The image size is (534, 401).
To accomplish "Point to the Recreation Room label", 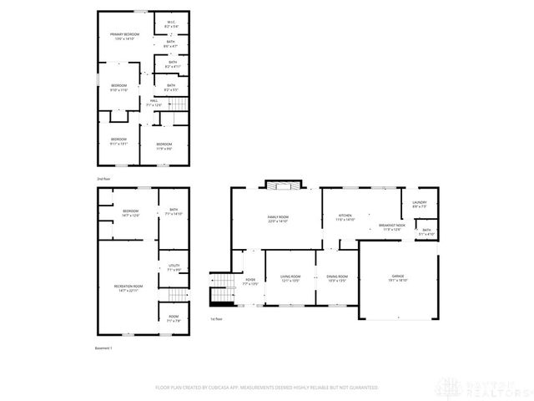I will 129,288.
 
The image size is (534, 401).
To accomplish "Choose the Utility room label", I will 174,267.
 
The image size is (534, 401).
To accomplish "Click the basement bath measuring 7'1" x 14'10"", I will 174,211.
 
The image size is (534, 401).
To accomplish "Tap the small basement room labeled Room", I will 173,318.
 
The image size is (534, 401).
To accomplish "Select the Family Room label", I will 278,219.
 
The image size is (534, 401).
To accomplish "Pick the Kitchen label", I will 345,217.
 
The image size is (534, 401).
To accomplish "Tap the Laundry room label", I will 420,203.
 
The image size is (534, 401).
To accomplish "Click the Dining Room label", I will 337,278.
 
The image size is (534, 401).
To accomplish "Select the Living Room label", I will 290,278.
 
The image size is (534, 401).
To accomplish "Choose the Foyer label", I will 250,282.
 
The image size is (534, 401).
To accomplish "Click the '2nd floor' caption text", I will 103,179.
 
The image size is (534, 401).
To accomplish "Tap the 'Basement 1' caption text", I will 103,347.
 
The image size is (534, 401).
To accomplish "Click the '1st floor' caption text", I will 216,318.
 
